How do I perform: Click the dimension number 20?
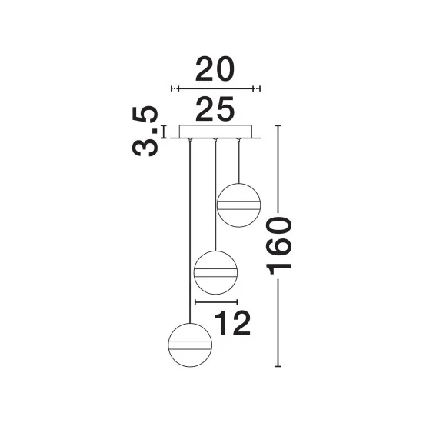coord(215,69)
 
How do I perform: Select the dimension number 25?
coord(215,108)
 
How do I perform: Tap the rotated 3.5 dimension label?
coord(145,131)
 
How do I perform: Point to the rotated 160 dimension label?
coord(278,246)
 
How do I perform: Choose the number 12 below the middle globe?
coord(232,323)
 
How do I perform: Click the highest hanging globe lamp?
coord(238,205)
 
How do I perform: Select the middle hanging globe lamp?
coord(215,273)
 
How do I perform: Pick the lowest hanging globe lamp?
coord(190,345)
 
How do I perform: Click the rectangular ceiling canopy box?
coord(215,132)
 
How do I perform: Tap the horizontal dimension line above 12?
coord(216,302)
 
